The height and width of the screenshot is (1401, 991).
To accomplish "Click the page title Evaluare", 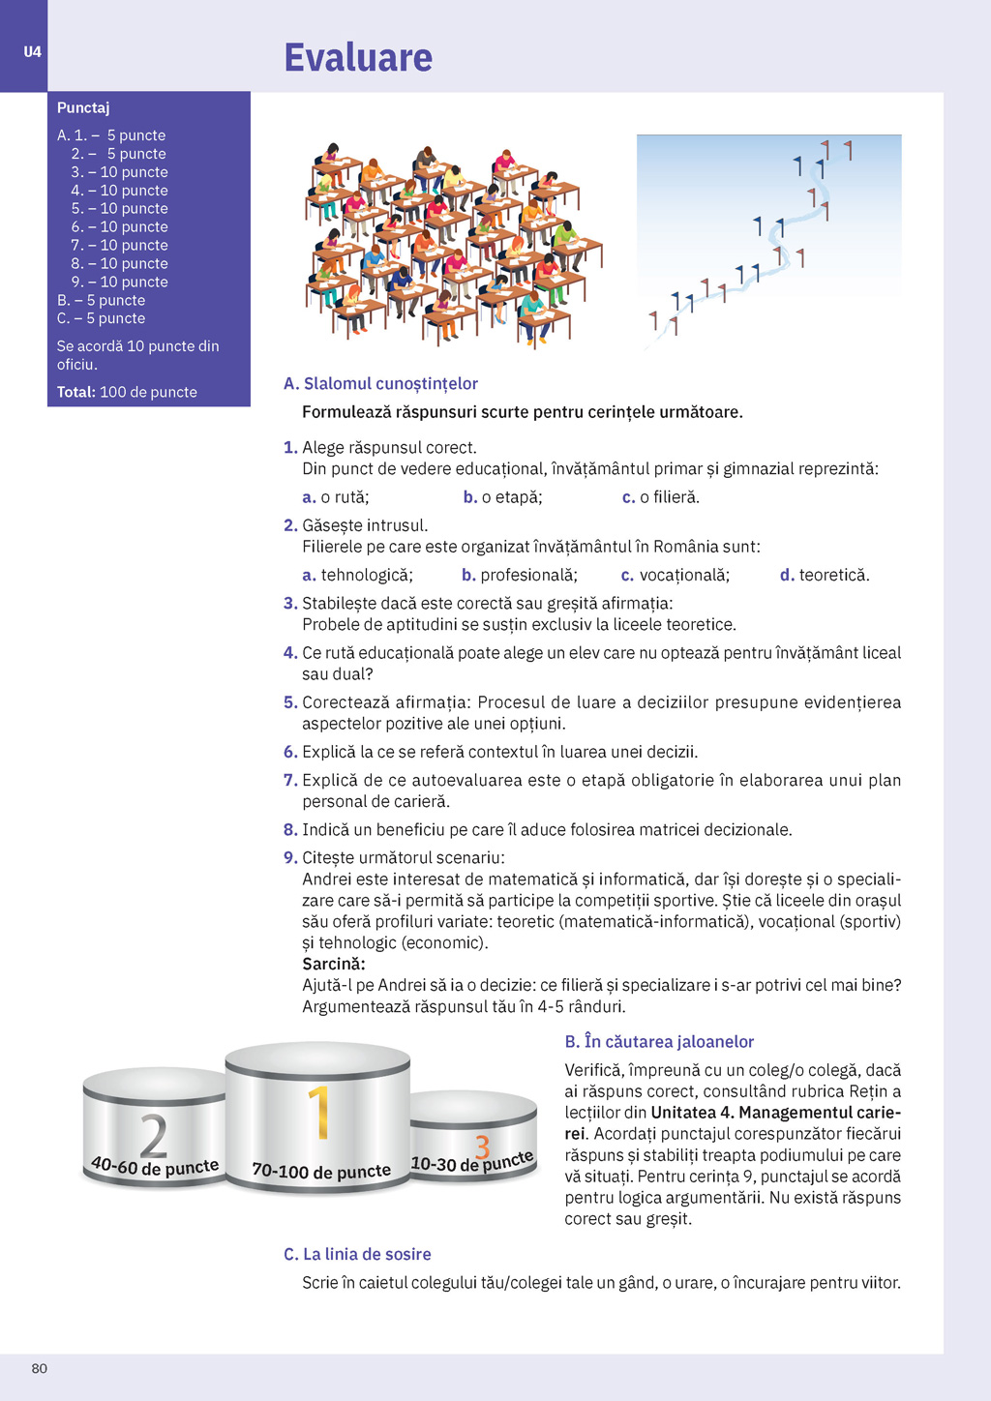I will (358, 58).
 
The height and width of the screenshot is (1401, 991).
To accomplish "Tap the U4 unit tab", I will (33, 52).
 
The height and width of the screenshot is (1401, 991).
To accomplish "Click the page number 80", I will (40, 1368).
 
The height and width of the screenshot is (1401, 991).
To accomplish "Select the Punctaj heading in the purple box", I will (83, 107).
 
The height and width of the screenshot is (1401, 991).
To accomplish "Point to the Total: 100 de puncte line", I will (127, 392).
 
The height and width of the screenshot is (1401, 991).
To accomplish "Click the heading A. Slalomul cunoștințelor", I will (380, 384).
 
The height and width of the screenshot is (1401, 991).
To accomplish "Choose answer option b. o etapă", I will (503, 497).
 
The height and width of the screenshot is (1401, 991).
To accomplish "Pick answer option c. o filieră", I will (661, 497).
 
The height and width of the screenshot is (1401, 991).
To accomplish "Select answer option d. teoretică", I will (825, 576).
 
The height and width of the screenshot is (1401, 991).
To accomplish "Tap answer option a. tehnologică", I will (358, 576).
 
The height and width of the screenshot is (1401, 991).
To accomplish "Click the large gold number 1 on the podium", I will (319, 1113).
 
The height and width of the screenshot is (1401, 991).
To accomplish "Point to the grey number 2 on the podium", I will (153, 1136).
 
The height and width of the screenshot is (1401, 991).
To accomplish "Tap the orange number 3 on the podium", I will (482, 1147).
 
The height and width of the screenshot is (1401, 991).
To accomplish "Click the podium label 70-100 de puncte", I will (321, 1171).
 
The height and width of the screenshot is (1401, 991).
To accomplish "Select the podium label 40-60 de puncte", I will (155, 1167).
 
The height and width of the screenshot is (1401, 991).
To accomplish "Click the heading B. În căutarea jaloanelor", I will (659, 1042).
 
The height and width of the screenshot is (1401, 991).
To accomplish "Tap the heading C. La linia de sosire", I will (357, 1255).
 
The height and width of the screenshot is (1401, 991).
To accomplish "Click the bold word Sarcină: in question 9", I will (334, 965).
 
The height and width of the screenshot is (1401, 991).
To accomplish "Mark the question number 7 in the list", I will (289, 781).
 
